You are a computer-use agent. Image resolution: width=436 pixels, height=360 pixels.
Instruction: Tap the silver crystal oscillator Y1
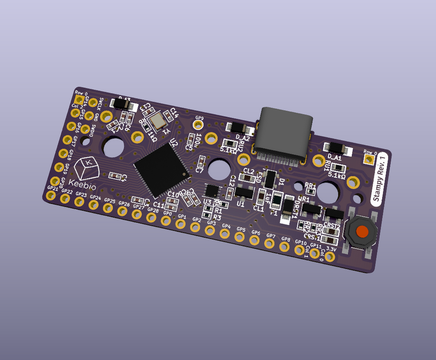(158, 120)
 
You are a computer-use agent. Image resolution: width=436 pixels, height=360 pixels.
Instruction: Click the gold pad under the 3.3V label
(330, 257)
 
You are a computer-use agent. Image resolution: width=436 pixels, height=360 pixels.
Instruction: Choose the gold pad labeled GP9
(199, 125)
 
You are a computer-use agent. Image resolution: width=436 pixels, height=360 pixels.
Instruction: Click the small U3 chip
(212, 191)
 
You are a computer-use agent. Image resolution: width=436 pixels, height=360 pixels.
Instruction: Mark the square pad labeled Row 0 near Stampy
(370, 160)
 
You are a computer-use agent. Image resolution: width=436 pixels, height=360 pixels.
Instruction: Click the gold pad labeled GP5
(240, 237)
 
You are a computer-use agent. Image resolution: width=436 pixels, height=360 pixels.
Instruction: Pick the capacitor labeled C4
(115, 176)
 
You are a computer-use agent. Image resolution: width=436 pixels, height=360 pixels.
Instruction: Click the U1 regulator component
(244, 192)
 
